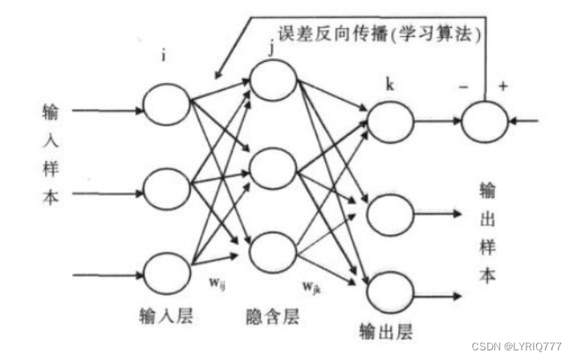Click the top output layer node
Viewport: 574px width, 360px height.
coord(389,123)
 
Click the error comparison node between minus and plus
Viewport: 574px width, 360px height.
coord(486,123)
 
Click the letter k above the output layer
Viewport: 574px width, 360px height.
coord(390,84)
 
